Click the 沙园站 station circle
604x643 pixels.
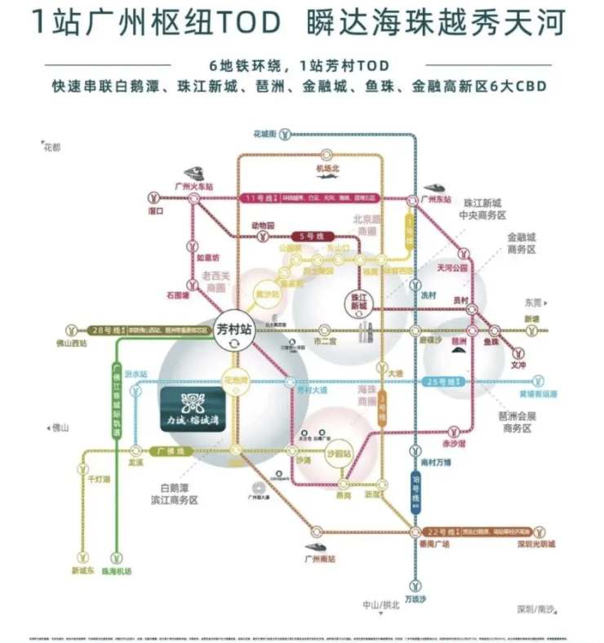point(337,453)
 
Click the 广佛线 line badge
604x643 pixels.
point(174,450)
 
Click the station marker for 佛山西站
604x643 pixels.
point(73,330)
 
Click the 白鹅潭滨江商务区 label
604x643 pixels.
point(175,494)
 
